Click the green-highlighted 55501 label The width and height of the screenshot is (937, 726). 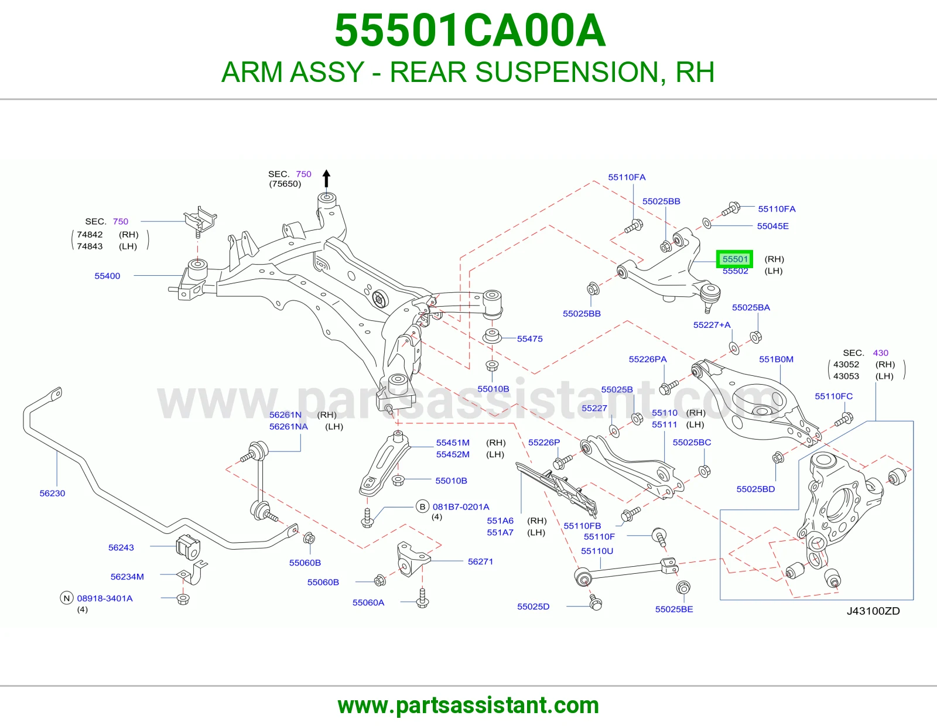tap(735, 259)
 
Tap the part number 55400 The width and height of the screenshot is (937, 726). tap(107, 276)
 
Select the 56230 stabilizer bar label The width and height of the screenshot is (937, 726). tap(52, 493)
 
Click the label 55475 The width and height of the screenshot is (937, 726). tap(529, 339)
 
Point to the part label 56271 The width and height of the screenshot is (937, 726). tap(480, 561)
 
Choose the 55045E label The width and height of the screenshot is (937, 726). tap(772, 226)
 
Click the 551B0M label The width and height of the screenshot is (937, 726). tap(776, 359)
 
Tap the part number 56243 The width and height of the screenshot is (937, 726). tap(121, 547)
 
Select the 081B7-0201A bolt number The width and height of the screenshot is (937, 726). tap(461, 506)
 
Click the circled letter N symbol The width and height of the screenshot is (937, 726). tap(66, 598)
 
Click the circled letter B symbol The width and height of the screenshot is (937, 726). tap(422, 506)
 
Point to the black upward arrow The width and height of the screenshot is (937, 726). tap(326, 179)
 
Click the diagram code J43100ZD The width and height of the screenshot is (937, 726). tap(873, 611)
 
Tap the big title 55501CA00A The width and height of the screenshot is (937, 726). tap(470, 30)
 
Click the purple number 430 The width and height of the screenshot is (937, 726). tap(881, 352)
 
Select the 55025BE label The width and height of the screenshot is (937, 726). tap(674, 609)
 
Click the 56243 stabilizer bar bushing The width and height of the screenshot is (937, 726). tap(189, 547)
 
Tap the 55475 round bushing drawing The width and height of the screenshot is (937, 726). tap(491, 336)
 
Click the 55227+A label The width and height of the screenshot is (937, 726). tap(712, 324)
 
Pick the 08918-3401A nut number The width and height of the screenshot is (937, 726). tap(105, 598)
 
